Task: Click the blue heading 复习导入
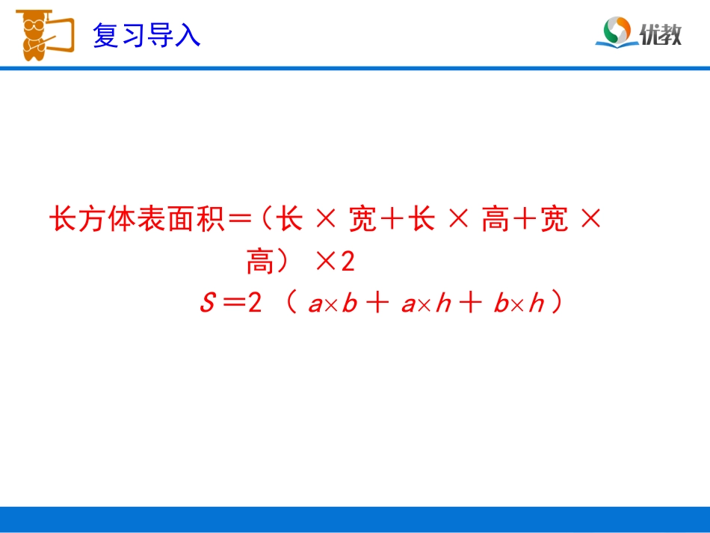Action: (146, 35)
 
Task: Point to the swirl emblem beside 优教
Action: (617, 32)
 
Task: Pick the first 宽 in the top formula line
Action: (363, 220)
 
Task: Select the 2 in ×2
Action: (348, 262)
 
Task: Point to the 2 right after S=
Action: (255, 304)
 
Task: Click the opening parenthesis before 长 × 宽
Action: (265, 220)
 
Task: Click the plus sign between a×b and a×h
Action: (379, 305)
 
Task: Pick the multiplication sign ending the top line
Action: (590, 220)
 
